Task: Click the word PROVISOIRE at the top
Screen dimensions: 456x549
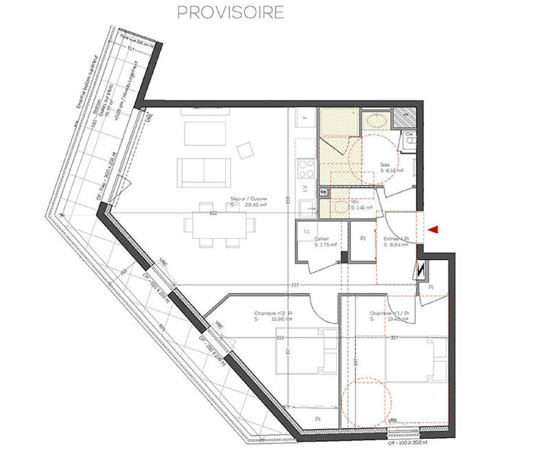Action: (x=230, y=13)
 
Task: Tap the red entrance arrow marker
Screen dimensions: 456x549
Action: (x=434, y=229)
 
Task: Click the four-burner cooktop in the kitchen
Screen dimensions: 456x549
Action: (x=305, y=167)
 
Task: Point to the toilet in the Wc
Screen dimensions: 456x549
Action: (x=338, y=207)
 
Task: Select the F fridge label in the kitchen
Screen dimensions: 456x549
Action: (x=305, y=119)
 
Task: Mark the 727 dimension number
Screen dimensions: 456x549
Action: (x=294, y=284)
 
